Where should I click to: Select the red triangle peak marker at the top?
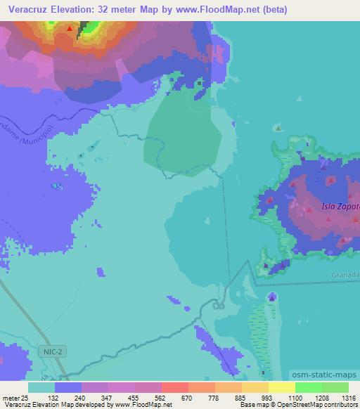click(69, 30)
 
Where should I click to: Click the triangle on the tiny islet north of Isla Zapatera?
click(279, 128)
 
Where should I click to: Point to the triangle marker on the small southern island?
click(272, 298)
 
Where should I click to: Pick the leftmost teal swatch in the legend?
click(41, 387)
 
